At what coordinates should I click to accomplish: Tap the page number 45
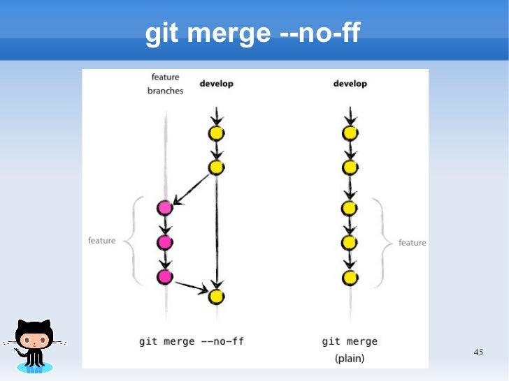[478, 352]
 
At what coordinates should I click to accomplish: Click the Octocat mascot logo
[34, 345]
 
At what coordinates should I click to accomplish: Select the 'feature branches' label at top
[165, 84]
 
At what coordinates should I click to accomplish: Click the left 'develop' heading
[217, 84]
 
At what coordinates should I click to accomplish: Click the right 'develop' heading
[350, 84]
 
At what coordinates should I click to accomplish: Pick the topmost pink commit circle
[165, 207]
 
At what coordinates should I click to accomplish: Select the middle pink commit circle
[165, 242]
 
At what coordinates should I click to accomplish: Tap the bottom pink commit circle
[165, 277]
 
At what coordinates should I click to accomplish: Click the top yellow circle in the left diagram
[217, 133]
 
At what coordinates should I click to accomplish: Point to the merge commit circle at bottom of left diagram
[217, 297]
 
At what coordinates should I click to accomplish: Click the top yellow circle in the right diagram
[350, 133]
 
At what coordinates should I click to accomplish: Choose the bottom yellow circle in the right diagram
[350, 278]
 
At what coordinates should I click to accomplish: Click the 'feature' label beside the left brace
[101, 241]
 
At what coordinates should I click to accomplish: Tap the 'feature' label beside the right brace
[412, 243]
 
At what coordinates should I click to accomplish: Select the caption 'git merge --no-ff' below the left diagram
[191, 341]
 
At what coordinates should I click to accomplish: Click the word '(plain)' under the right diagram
[350, 359]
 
